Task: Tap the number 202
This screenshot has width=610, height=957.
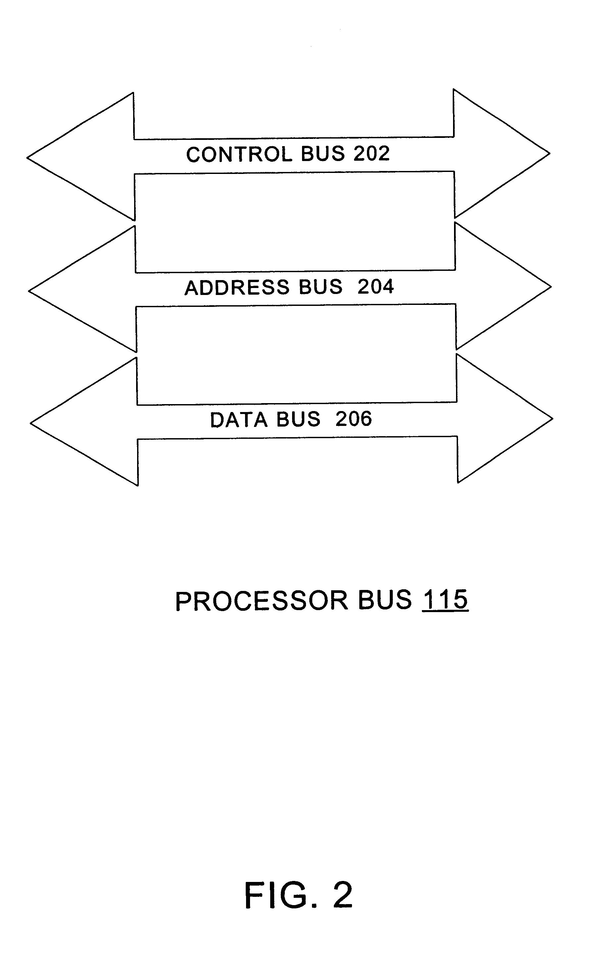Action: (371, 153)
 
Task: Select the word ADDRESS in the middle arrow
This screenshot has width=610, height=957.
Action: (237, 287)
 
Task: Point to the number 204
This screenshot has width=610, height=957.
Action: (375, 287)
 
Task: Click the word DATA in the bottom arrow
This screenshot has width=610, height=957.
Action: (238, 420)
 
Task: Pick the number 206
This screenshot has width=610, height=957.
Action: (353, 419)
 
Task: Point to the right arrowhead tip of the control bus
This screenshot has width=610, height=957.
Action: (549, 153)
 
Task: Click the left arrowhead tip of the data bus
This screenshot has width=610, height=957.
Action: (31, 423)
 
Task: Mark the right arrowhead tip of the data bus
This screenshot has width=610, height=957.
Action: (552, 419)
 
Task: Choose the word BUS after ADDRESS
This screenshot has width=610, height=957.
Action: (320, 287)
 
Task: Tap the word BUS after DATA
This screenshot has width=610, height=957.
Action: (298, 419)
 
